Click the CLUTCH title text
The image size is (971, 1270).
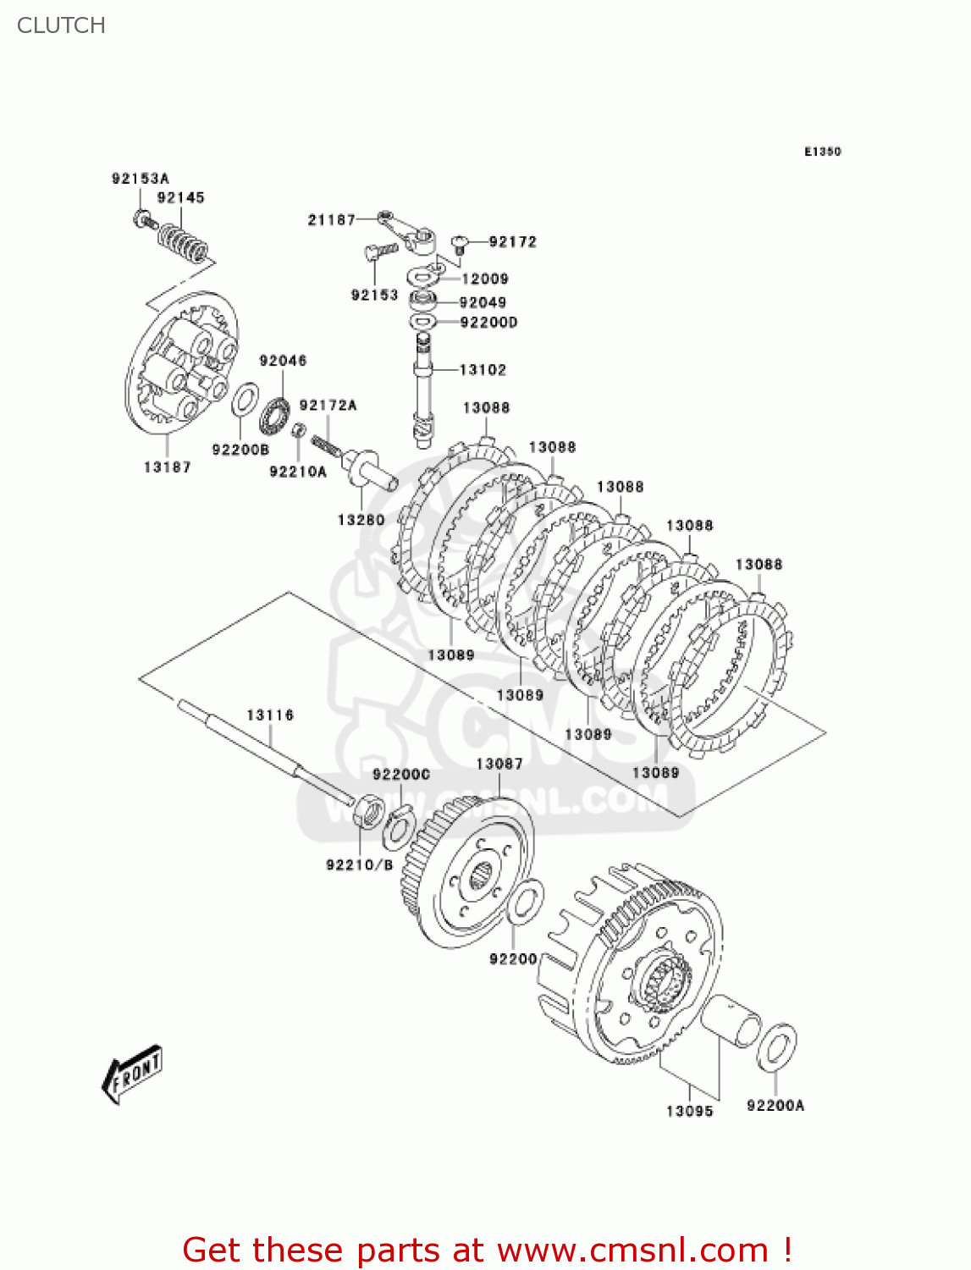61,25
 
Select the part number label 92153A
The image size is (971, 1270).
140,179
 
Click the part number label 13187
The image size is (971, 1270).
167,467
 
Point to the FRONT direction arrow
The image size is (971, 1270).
132,1074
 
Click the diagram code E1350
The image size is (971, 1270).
822,152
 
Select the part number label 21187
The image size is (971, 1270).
331,220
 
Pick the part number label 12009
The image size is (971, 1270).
485,279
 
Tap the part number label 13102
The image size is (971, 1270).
483,370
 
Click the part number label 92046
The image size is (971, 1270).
283,361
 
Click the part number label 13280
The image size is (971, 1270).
361,520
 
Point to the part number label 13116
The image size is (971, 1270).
270,715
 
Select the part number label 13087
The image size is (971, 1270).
499,764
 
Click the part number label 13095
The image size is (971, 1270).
689,1111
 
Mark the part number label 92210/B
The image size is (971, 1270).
359,864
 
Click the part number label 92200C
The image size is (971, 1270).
401,775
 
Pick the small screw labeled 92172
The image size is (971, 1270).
460,246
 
